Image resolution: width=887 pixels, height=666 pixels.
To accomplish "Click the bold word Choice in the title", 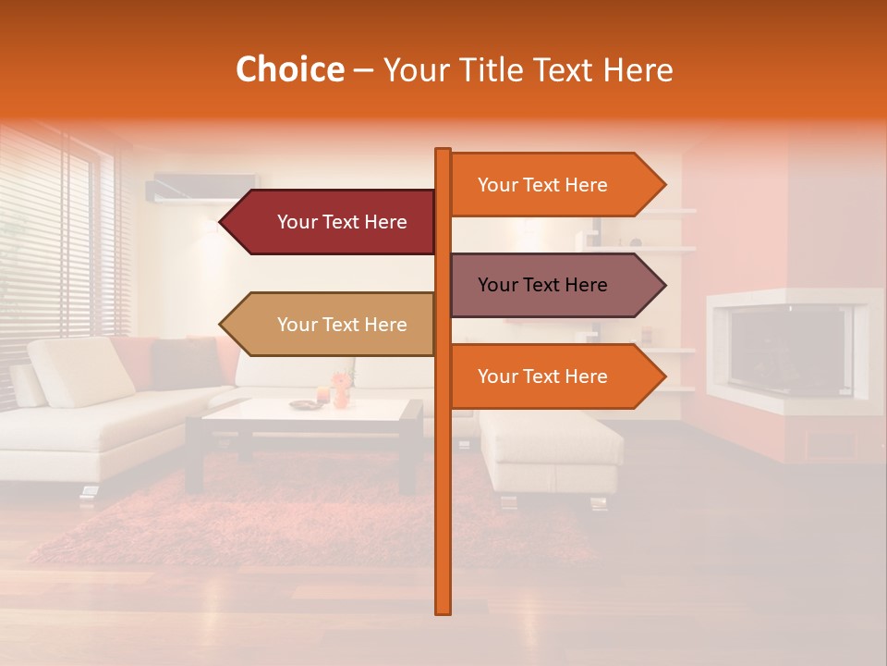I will click(x=289, y=70).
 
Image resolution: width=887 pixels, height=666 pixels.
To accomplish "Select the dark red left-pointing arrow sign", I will click(x=328, y=222).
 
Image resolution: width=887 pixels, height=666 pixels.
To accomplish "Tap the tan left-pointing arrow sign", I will click(x=328, y=325).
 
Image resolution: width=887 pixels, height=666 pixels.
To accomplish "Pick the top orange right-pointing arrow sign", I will click(x=554, y=185).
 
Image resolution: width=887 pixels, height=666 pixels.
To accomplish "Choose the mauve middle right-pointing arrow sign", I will click(x=554, y=285).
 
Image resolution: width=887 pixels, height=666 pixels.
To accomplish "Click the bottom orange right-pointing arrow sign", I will click(x=554, y=376).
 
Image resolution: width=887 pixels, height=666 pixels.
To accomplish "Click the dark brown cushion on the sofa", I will click(x=185, y=364).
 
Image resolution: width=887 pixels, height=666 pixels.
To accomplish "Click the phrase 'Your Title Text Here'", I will click(x=528, y=70).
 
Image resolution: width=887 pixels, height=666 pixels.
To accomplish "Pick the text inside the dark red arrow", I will click(x=342, y=222).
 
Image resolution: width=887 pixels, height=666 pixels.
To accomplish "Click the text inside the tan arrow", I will click(x=342, y=325).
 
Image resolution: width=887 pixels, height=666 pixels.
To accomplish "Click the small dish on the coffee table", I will click(x=302, y=404).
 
